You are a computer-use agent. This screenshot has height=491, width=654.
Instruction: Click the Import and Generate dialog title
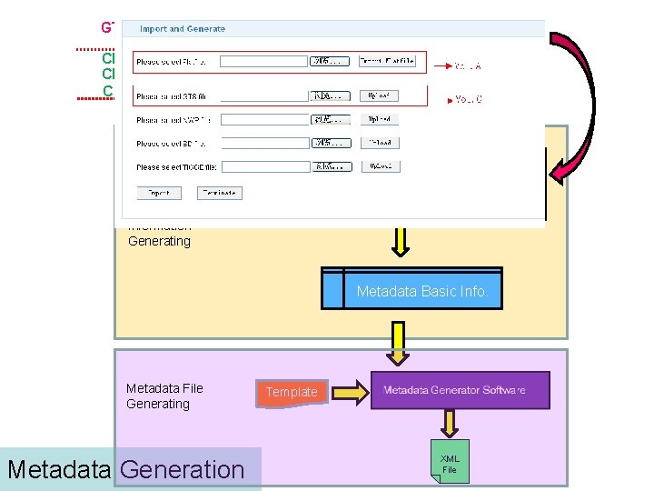pos(183,29)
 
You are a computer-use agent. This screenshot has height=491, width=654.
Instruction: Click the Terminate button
pos(218,193)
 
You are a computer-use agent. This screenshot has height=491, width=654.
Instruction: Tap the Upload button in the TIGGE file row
pos(380,167)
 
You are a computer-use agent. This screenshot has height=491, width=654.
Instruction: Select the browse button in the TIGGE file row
pos(331,167)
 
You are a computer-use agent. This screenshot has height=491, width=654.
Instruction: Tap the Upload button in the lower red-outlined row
pos(380,95)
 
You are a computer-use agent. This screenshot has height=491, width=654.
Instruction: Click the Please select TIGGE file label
pos(175,167)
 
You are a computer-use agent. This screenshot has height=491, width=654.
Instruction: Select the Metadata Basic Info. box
pos(422,291)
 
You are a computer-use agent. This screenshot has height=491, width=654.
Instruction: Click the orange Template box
pos(292,392)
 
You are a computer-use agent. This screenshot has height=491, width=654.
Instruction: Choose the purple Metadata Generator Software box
pos(460,390)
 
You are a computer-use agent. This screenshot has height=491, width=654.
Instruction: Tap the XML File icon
pos(450,462)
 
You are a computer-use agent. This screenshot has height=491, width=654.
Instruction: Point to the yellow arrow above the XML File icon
pos(450,423)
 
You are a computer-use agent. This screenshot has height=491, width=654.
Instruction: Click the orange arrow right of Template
pos(349,391)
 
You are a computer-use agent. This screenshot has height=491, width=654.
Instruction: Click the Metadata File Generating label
pos(164,396)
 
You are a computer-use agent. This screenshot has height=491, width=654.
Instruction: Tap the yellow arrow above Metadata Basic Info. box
pos(400,240)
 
